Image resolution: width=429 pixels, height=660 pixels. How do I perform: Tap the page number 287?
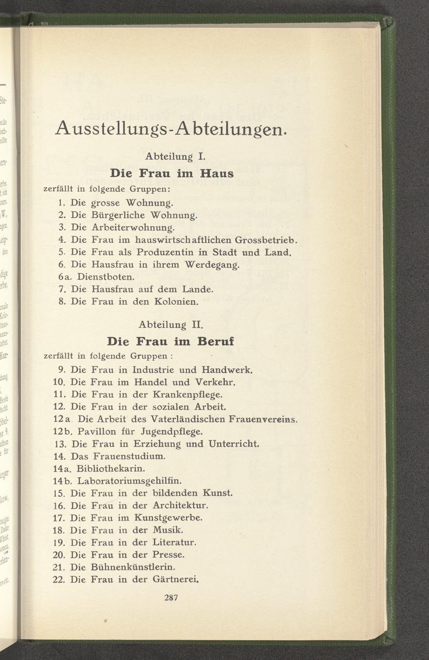171,597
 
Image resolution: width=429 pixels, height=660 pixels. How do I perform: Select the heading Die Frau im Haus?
172,173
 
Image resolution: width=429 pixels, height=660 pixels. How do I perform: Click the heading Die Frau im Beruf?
171,341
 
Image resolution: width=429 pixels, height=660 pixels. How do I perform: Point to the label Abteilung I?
172,156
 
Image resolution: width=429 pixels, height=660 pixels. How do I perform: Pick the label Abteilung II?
171,325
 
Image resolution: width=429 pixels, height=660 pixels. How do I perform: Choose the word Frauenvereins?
263,419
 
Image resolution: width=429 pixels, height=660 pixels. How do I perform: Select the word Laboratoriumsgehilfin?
129,480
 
